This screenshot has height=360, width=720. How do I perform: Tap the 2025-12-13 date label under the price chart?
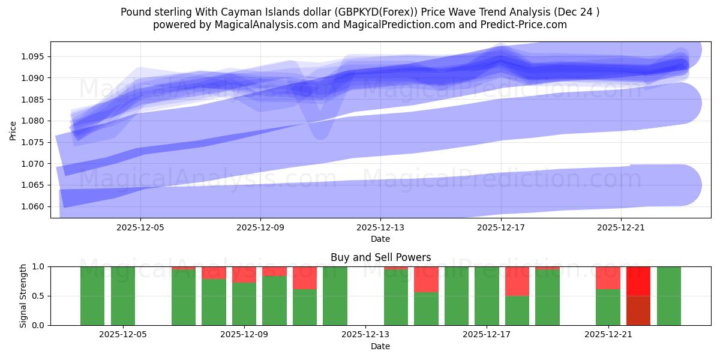click(x=380, y=228)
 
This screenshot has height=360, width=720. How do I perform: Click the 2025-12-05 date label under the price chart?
click(x=140, y=228)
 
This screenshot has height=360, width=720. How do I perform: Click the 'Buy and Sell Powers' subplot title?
click(x=380, y=257)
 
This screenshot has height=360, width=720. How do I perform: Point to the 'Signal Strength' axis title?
click(x=23, y=296)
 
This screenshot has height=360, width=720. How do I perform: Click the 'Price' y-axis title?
click(x=13, y=130)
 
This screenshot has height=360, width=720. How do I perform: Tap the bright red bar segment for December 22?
click(x=638, y=281)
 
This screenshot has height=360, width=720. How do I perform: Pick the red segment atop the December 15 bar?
click(x=426, y=279)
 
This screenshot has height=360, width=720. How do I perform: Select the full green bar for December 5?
click(x=123, y=296)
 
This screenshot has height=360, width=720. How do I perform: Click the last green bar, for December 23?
click(x=669, y=296)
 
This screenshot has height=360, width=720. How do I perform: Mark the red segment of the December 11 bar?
click(x=305, y=278)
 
